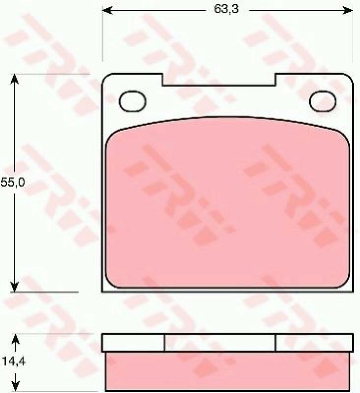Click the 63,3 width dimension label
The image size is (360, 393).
226,9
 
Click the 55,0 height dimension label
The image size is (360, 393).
13,183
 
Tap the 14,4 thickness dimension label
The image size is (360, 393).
13,361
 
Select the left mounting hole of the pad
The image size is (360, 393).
132,101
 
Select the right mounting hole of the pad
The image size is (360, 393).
323,101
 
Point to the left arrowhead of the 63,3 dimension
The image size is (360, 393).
108,10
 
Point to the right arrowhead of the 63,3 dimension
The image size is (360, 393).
348,10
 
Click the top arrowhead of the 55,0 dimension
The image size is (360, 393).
14,79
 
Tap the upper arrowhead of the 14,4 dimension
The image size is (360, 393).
16,339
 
